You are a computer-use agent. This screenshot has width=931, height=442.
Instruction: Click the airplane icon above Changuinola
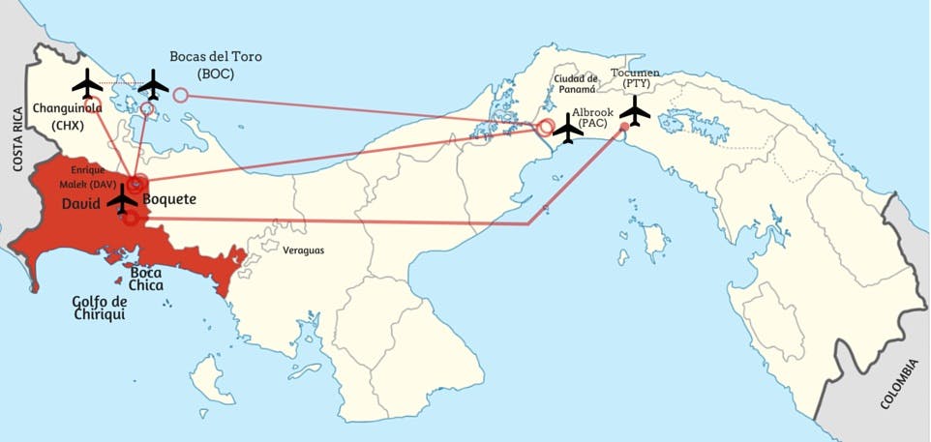87,83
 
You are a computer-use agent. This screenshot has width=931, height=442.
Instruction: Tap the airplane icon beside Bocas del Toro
153,85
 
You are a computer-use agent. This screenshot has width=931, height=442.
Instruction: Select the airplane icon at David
122,201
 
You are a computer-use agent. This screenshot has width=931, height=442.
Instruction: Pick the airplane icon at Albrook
567,128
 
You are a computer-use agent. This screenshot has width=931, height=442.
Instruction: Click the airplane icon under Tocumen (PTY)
635,112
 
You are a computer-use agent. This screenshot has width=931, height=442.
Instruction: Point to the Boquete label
169,199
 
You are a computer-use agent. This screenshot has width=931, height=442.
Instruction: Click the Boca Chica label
146,279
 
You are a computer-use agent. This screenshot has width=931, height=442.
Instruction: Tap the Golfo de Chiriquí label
100,308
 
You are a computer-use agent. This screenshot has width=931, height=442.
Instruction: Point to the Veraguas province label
303,250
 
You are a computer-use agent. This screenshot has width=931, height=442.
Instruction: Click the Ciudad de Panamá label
576,83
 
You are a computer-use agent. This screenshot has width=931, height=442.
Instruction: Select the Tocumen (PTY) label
642,78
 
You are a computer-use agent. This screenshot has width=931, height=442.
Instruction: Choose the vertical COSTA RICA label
16,138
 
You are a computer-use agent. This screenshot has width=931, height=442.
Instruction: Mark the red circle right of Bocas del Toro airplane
181,95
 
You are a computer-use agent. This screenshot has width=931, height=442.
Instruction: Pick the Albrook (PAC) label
591,117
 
